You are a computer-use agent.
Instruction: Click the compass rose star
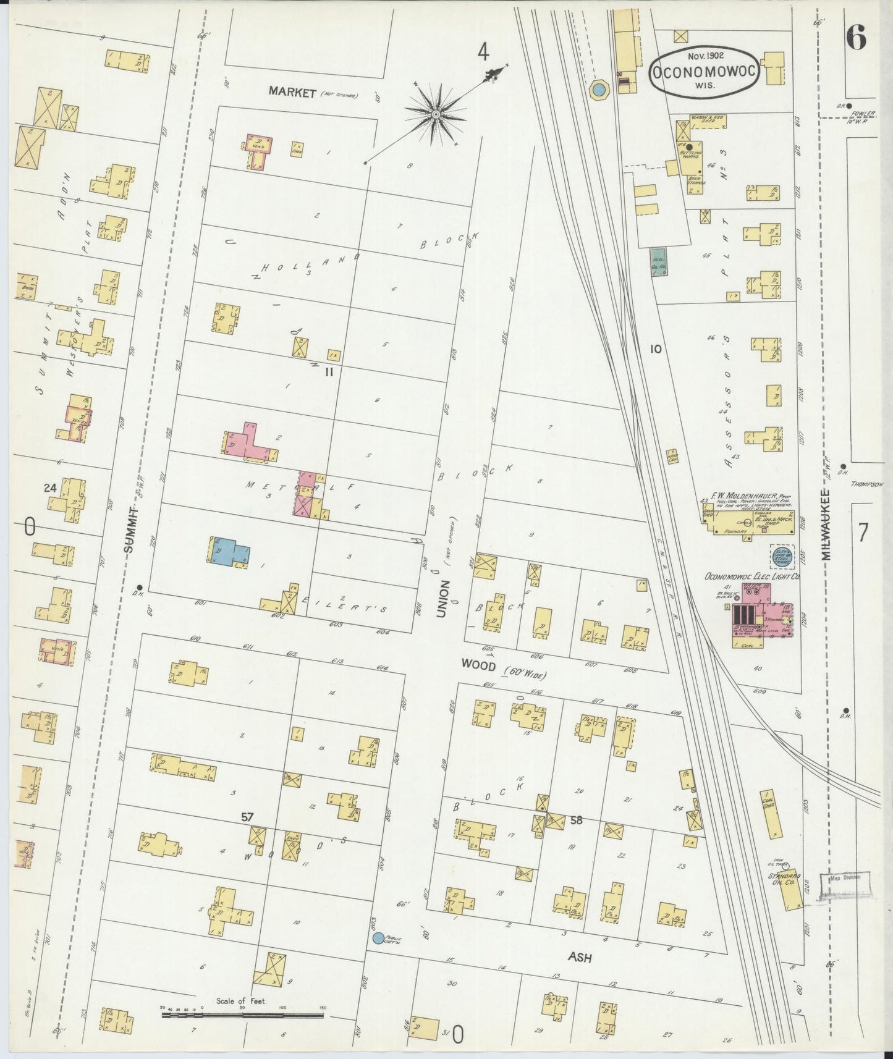pos(436,115)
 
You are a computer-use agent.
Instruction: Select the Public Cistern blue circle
pos(378,938)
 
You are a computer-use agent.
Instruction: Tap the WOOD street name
pos(478,665)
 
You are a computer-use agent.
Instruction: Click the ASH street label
pos(580,958)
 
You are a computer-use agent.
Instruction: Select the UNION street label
pos(442,599)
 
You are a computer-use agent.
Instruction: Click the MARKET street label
pos(292,92)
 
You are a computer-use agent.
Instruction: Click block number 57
pos(247,817)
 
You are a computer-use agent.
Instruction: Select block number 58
pos(577,821)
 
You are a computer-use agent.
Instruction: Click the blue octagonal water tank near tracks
pos(598,90)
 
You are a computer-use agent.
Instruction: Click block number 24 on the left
pos(50,488)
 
